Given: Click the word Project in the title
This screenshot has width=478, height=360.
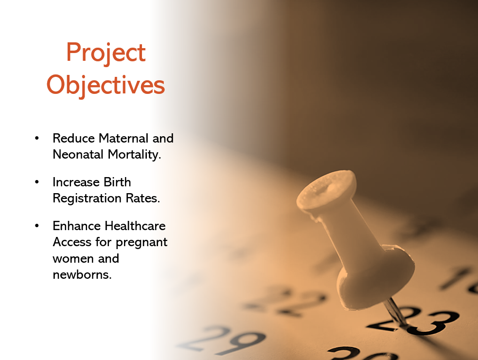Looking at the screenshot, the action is (106, 53).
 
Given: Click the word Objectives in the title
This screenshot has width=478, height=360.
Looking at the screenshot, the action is (106, 86).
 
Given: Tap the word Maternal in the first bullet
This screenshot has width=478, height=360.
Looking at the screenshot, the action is (124, 138).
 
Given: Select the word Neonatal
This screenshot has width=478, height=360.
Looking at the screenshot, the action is (78, 154).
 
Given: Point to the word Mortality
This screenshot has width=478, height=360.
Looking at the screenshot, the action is (134, 155).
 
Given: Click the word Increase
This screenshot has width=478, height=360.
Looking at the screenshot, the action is (76, 182).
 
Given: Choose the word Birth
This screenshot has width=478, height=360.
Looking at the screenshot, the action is (117, 182).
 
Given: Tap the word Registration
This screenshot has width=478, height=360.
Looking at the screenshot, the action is (87, 198).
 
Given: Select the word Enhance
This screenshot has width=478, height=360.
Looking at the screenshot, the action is (76, 226).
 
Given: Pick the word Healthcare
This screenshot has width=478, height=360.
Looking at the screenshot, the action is (135, 226).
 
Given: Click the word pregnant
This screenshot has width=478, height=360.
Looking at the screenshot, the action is (142, 243).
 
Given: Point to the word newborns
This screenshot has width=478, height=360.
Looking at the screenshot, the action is (82, 274).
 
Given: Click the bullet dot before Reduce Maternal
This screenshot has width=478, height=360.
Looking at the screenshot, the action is (37, 138).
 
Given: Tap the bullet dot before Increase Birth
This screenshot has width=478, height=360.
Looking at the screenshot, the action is (37, 182).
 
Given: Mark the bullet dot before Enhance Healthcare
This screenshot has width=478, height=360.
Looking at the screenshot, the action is (37, 226).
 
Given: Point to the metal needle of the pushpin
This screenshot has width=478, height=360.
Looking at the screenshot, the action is (395, 312).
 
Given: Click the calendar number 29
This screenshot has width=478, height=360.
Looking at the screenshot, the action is (224, 341).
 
